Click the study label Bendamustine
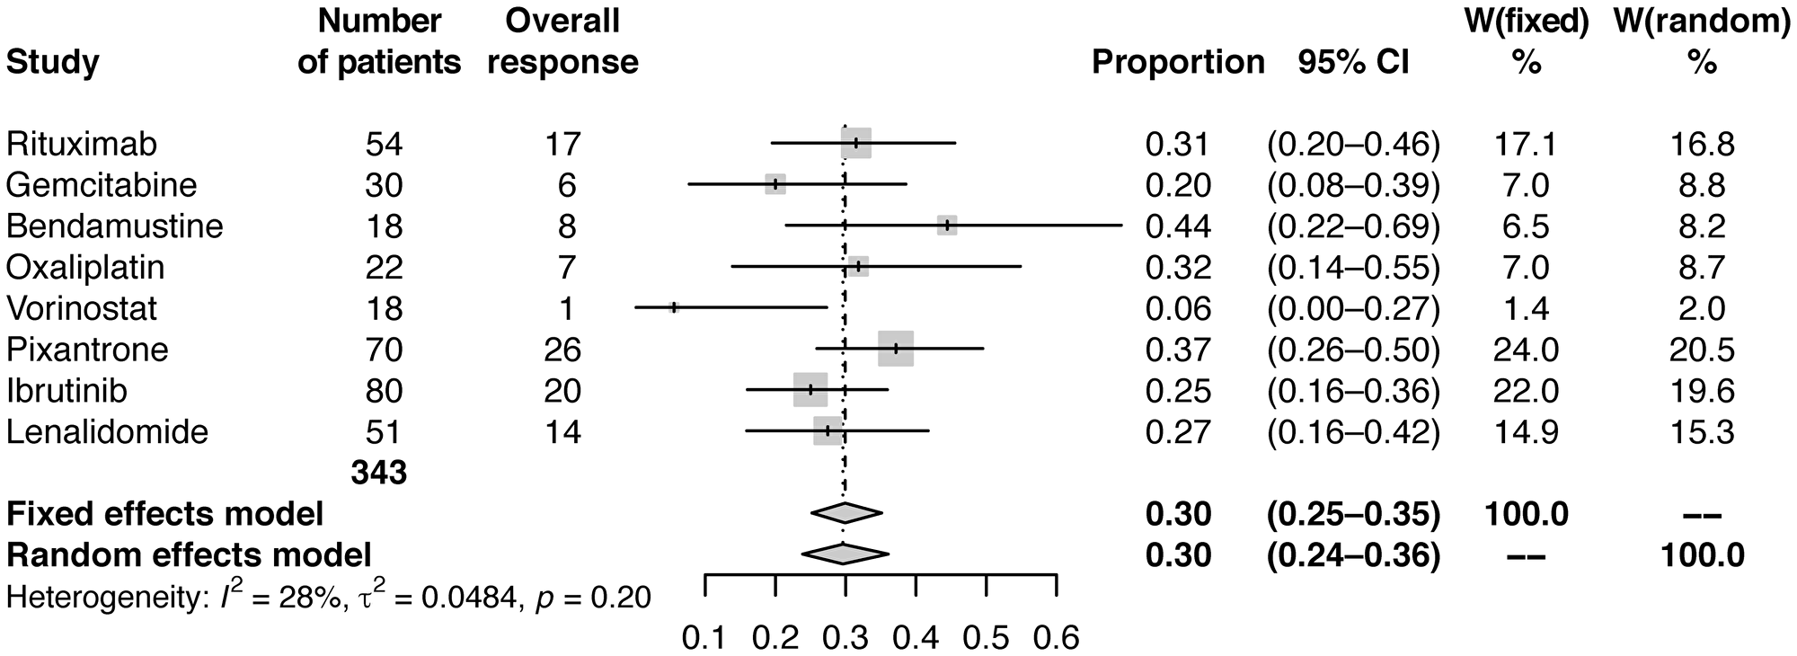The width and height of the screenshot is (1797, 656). pos(114,226)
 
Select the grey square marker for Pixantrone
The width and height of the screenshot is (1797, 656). pos(895,349)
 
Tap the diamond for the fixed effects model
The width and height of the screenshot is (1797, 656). pos(845,513)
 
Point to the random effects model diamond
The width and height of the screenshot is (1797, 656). pos(845,554)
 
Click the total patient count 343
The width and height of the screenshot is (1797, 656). pos(379,473)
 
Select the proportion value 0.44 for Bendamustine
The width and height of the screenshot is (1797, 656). pos(1177,226)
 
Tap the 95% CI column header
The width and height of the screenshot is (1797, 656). pos(1353,62)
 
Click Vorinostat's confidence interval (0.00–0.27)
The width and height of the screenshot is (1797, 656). pos(1353,308)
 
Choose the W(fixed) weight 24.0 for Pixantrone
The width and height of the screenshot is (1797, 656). pos(1527,350)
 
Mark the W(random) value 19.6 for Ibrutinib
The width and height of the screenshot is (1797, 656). pos(1702,391)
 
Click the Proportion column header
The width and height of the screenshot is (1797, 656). pos(1177,62)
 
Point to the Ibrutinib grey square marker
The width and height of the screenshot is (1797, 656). pos(810,390)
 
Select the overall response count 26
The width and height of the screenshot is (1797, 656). pos(562,350)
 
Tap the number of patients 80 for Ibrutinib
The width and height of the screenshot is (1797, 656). pos(384,391)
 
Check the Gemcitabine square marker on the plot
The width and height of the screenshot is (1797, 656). pos(775,184)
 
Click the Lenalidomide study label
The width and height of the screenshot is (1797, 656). pos(107,432)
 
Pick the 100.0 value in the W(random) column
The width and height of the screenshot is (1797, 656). pos(1702,555)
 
